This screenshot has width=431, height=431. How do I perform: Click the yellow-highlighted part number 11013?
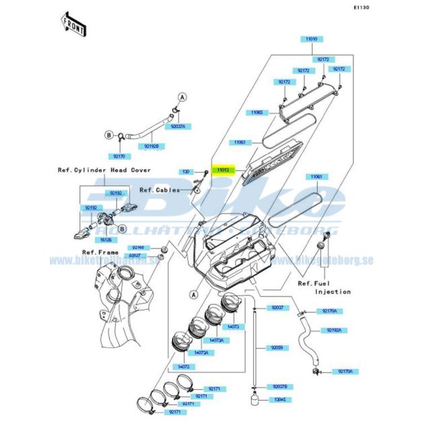(x=222, y=171)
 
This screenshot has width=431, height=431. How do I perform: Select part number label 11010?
(x=311, y=40)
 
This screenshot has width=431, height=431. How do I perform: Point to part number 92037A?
(x=178, y=126)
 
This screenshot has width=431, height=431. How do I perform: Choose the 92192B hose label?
(x=151, y=145)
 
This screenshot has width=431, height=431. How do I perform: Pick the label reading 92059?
(x=277, y=348)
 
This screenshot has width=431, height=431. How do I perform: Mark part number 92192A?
(x=333, y=330)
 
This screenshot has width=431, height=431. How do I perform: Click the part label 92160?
(x=138, y=247)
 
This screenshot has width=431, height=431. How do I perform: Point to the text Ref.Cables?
(x=160, y=190)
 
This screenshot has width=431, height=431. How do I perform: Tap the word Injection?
(x=333, y=292)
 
